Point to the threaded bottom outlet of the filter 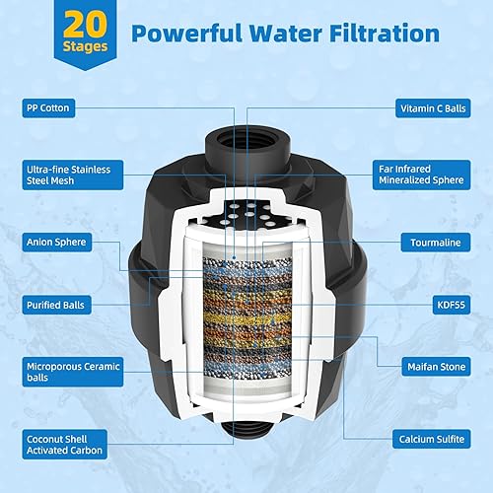tap(246, 458)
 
